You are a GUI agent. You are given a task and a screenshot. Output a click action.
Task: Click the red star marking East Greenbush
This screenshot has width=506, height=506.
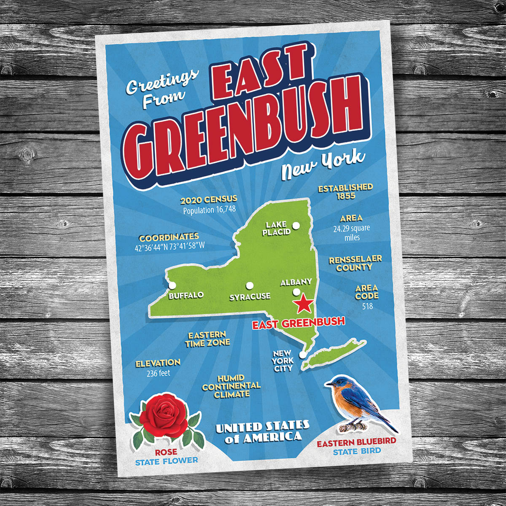tap(303, 304)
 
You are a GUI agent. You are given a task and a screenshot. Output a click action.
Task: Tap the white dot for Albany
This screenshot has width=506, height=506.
tap(296, 292)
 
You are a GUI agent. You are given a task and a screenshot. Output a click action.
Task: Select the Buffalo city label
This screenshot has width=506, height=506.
tap(186, 295)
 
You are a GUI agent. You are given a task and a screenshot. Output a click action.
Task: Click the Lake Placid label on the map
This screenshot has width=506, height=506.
tap(276, 228)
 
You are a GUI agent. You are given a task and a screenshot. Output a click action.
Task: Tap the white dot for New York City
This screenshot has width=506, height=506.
tap(302, 355)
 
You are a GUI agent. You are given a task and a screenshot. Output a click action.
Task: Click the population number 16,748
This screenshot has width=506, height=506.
tap(221, 210)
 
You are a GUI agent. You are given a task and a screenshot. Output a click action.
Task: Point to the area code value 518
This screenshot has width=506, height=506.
tap(367, 307)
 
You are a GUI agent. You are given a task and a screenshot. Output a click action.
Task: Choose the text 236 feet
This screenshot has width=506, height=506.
tap(158, 373)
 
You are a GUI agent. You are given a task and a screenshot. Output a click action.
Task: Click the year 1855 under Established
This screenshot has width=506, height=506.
tap(346, 196)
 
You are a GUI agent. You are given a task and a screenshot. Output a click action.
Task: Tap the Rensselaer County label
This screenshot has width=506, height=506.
tap(355, 263)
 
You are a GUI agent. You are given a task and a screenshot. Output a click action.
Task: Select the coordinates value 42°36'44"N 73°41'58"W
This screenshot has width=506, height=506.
tap(170, 248)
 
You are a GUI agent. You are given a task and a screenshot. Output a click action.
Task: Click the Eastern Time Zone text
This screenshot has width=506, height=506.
tap(207, 339)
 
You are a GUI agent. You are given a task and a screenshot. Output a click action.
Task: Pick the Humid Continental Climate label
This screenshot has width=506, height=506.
tap(231, 386)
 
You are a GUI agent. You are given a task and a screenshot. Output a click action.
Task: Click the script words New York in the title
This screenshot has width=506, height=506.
tap(323, 164)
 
